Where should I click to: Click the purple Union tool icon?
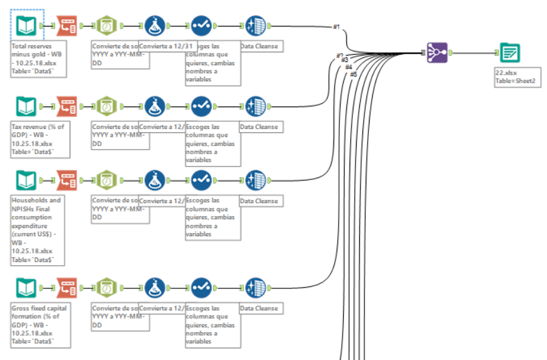(x=437, y=53)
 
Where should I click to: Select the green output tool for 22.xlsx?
(x=510, y=53)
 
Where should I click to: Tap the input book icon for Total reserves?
(x=26, y=26)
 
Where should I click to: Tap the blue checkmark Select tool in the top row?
(x=201, y=26)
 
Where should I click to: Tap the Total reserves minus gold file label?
(x=35, y=59)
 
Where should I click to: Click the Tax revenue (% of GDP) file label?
(x=35, y=138)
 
